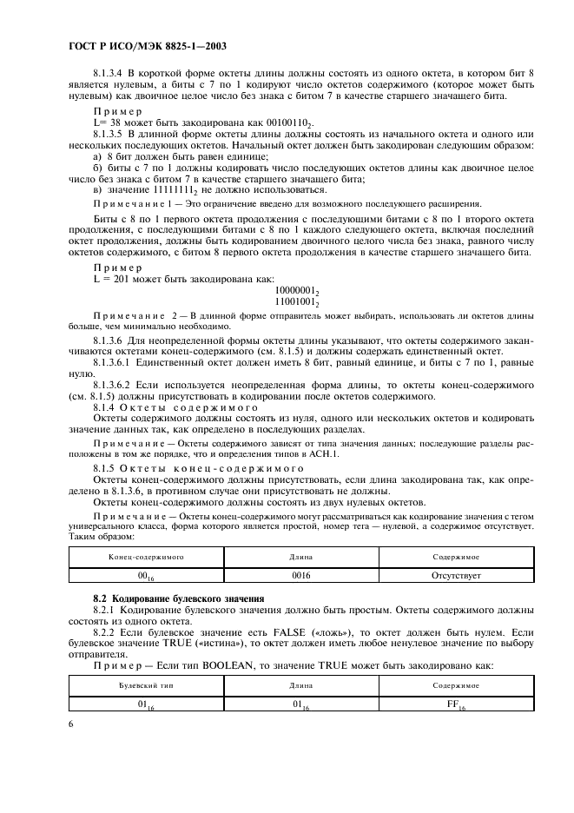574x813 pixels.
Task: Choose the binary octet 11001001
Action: coord(297,302)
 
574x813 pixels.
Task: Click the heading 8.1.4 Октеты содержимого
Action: coord(153,406)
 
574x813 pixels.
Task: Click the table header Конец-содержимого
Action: coord(145,557)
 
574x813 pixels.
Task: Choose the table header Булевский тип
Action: coord(145,685)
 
